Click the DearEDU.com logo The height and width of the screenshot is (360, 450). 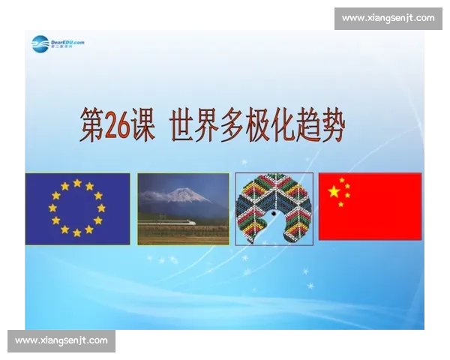click(x=57, y=44)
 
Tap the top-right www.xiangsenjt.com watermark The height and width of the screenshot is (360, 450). click(x=388, y=18)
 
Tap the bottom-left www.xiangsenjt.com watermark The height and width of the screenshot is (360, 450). click(x=61, y=340)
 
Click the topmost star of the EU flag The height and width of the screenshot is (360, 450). click(x=77, y=182)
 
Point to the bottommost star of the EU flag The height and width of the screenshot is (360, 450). click(x=77, y=232)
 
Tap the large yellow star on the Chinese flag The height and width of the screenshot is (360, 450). click(x=334, y=192)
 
